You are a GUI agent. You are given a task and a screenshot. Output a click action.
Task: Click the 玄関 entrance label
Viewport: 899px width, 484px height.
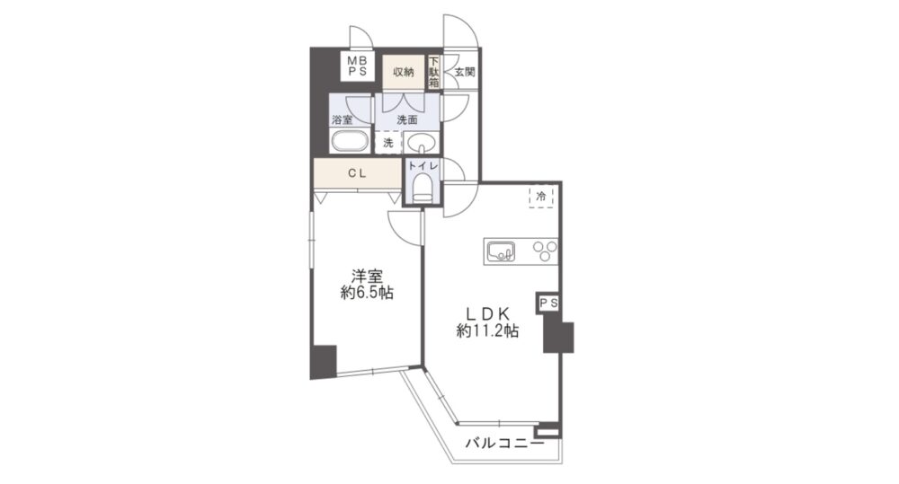465,72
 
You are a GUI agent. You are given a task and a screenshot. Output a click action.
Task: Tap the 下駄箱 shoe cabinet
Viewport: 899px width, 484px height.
434,72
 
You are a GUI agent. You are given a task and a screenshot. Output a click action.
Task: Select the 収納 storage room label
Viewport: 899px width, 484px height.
404,72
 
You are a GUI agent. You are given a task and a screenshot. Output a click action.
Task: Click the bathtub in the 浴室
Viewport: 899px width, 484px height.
349,142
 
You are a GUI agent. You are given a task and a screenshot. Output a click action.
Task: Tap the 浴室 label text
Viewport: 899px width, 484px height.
343,120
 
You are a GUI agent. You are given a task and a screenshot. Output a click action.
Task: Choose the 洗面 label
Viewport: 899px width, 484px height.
407,120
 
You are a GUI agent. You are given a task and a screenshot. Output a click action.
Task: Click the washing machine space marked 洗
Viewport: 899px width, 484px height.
388,143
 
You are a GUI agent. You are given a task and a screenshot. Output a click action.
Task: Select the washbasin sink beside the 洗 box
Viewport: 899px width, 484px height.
422,142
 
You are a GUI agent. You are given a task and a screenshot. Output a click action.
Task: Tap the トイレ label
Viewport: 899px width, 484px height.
423,166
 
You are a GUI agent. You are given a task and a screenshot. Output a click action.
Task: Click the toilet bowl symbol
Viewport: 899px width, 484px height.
423,188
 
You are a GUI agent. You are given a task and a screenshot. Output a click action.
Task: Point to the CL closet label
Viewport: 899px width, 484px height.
357,173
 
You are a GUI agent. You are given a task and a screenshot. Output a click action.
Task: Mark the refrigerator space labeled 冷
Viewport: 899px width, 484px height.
540,196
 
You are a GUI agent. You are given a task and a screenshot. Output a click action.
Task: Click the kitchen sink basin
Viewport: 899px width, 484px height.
501,251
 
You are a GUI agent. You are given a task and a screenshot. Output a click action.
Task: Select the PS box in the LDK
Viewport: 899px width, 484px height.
548,304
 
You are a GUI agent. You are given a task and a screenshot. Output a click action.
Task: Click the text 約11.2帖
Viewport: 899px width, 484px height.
487,330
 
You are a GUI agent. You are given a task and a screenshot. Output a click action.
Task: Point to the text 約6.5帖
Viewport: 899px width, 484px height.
367,294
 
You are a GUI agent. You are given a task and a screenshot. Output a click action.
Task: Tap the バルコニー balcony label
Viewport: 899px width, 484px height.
504,444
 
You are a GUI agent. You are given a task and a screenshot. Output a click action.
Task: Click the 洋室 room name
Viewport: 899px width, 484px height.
367,276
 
